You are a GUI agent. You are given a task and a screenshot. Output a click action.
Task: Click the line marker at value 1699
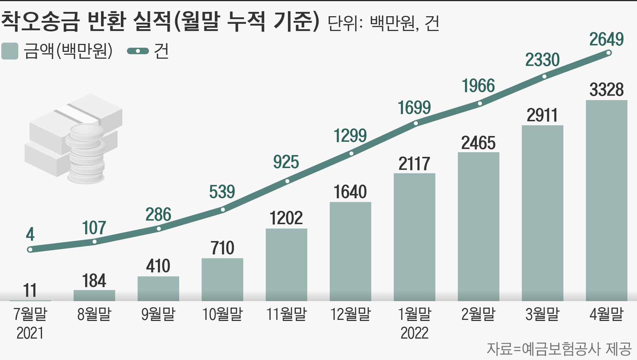(416, 123)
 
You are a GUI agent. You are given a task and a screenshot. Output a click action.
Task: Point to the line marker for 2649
(609, 53)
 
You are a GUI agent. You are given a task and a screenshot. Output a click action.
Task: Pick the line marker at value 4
(30, 250)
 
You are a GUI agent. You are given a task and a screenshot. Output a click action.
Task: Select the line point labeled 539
(223, 210)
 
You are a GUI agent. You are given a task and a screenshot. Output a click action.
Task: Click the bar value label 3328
(606, 90)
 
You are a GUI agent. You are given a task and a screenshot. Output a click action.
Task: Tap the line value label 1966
(478, 86)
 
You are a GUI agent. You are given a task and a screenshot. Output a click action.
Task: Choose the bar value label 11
(30, 290)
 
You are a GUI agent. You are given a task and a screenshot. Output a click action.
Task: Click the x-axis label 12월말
(350, 314)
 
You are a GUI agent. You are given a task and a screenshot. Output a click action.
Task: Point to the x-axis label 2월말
(478, 314)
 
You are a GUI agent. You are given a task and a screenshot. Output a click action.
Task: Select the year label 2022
(414, 333)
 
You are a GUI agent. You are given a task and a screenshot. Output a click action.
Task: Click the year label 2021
(30, 333)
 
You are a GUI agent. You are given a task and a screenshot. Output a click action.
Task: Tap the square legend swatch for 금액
(10, 51)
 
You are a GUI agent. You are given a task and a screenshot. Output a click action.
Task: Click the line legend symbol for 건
(138, 51)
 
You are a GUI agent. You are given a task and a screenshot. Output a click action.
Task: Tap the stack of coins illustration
(86, 154)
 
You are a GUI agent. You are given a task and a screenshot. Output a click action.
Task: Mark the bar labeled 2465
(478, 226)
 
